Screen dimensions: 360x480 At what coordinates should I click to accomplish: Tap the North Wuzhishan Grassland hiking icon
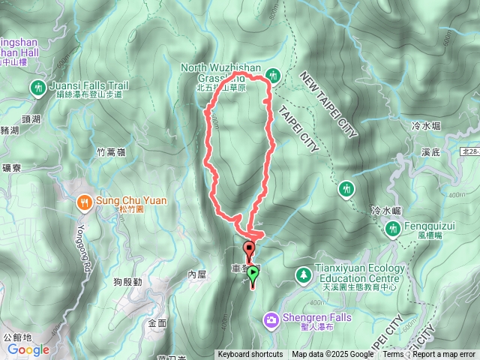273,74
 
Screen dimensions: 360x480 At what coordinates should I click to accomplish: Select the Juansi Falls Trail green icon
37,89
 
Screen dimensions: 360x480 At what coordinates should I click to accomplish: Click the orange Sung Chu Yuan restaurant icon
83,201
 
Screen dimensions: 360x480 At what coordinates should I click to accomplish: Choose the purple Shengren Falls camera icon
270,320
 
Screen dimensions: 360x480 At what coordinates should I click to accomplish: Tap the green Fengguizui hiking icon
392,229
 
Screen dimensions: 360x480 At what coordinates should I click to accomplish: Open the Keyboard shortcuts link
250,355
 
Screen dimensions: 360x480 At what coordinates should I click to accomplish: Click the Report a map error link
444,355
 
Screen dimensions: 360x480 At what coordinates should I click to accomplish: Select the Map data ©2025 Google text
333,355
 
